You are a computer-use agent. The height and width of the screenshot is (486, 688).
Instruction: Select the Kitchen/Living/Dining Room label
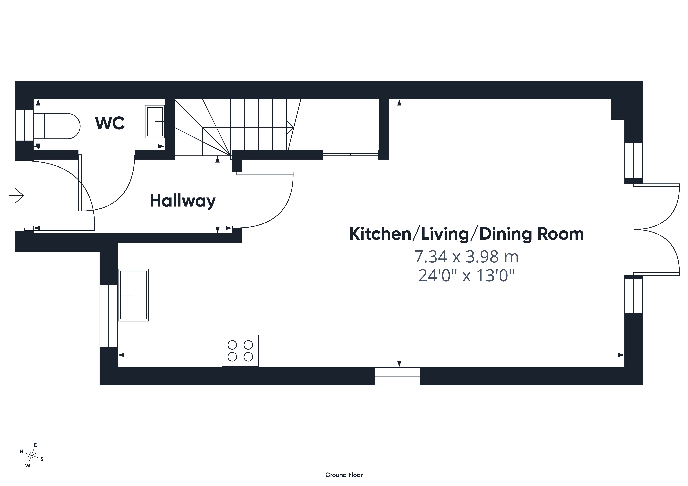(x=467, y=234)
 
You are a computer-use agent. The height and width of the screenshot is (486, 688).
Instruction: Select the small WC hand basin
(x=155, y=122)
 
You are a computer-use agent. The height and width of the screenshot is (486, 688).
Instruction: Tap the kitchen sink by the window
(x=133, y=295)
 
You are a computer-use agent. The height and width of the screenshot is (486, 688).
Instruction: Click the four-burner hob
(x=240, y=351)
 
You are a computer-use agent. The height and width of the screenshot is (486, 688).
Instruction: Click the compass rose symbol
(x=31, y=455)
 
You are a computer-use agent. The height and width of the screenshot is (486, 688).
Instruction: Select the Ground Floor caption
(x=344, y=475)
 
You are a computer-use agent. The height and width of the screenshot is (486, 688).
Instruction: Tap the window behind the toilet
(x=24, y=125)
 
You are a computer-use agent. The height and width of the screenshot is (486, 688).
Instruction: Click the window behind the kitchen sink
(x=108, y=316)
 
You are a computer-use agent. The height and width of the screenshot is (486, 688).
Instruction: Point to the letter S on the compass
(x=42, y=459)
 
